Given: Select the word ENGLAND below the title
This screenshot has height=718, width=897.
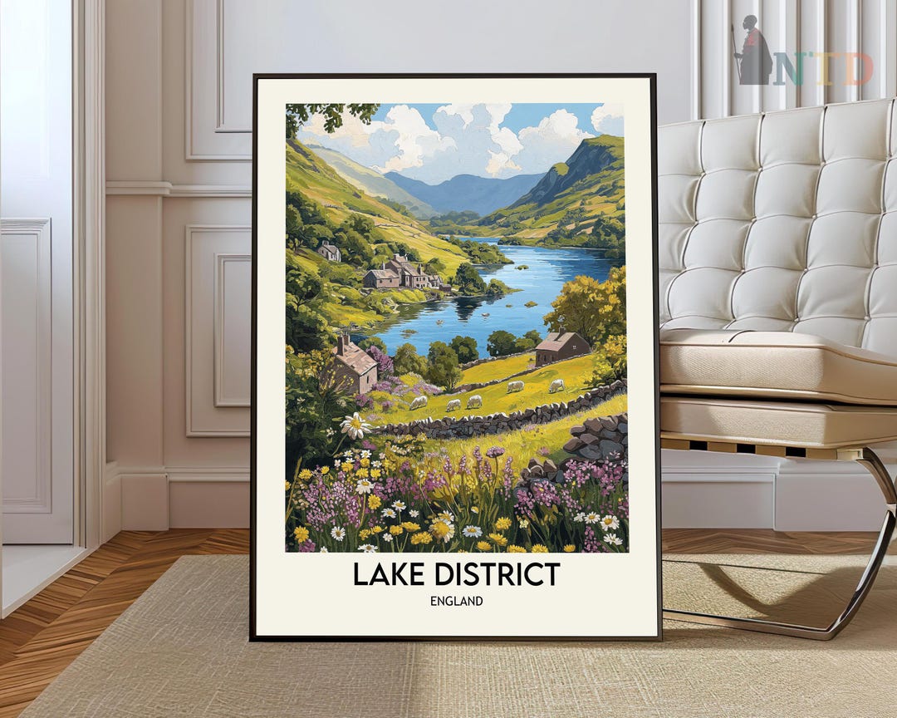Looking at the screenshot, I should (x=456, y=601).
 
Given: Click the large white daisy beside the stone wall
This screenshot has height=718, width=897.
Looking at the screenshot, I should (x=355, y=425).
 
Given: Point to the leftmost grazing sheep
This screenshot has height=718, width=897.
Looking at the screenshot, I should (x=419, y=402).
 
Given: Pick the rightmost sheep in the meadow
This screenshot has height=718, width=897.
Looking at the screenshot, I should (x=556, y=386).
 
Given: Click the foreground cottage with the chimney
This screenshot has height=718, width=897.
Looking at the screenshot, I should (x=353, y=366).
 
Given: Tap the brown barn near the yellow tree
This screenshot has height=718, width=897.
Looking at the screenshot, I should (x=561, y=346).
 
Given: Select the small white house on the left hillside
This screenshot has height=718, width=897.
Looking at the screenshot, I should (x=329, y=251).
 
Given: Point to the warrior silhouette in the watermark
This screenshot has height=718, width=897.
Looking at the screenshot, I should (x=753, y=52).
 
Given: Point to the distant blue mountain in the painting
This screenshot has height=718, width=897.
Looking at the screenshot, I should (x=465, y=191).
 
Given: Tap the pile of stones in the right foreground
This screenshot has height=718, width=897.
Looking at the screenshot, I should (x=596, y=440).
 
